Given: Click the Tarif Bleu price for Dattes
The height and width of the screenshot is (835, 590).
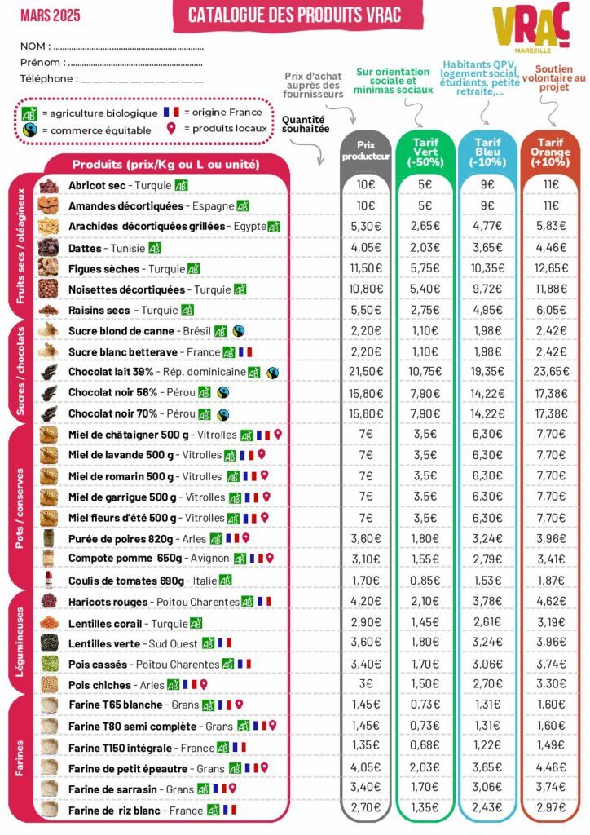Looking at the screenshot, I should tap(488, 248).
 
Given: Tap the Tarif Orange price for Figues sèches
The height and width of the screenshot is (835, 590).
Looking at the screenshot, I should tap(551, 268).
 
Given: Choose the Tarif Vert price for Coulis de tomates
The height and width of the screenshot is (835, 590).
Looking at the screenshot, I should tap(425, 581).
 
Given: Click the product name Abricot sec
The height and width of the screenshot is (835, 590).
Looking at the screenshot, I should tap(97, 186).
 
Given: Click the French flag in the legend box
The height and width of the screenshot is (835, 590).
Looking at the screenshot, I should tap(171, 112).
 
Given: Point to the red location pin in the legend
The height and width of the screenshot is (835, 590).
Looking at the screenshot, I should tap(171, 129).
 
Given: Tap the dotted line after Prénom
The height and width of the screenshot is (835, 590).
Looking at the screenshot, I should tap(135, 63).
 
